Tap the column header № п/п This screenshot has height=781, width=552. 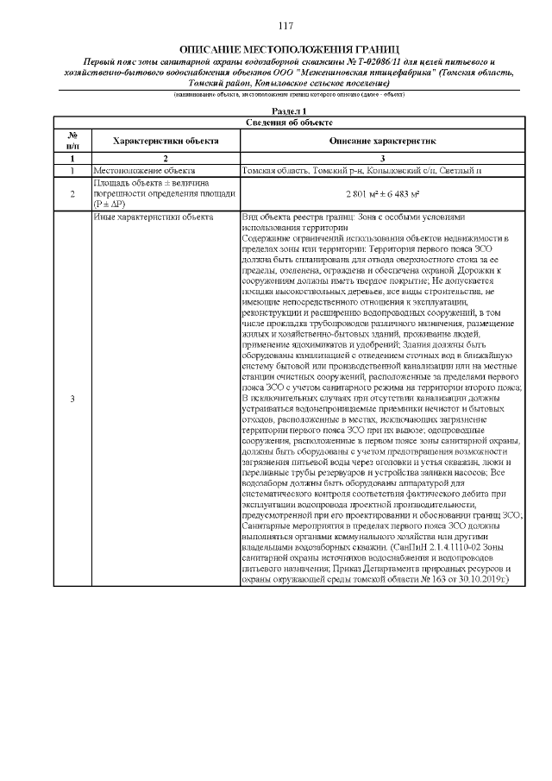click(72, 140)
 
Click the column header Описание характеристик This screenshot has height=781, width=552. click(383, 140)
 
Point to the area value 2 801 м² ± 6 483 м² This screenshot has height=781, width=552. click(383, 194)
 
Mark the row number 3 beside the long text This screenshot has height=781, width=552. click(72, 399)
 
